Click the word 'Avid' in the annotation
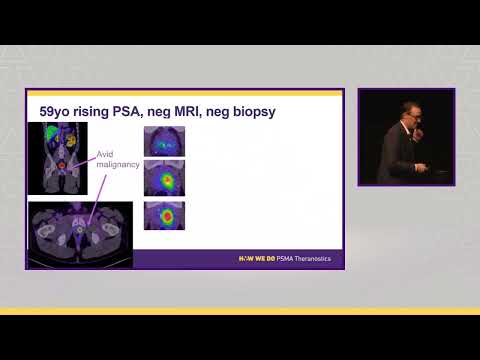(x=105, y=155)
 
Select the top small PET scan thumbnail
(x=164, y=141)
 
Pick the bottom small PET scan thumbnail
(x=164, y=216)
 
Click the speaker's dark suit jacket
(x=398, y=160)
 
